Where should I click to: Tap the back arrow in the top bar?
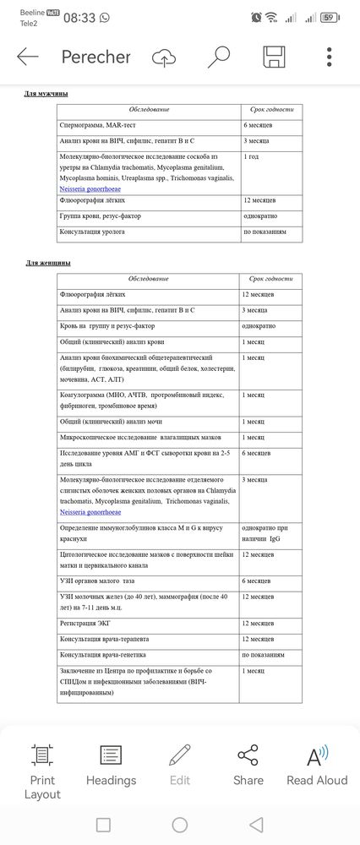[28, 57]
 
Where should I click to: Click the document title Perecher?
[95, 57]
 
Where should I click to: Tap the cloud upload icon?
[164, 57]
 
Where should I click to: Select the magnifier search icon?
[219, 57]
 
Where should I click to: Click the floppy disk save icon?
[274, 57]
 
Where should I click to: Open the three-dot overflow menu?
[330, 57]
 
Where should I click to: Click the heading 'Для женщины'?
[47, 264]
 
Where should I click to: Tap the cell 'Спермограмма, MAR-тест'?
[101, 125]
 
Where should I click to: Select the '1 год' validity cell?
[253, 156]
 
